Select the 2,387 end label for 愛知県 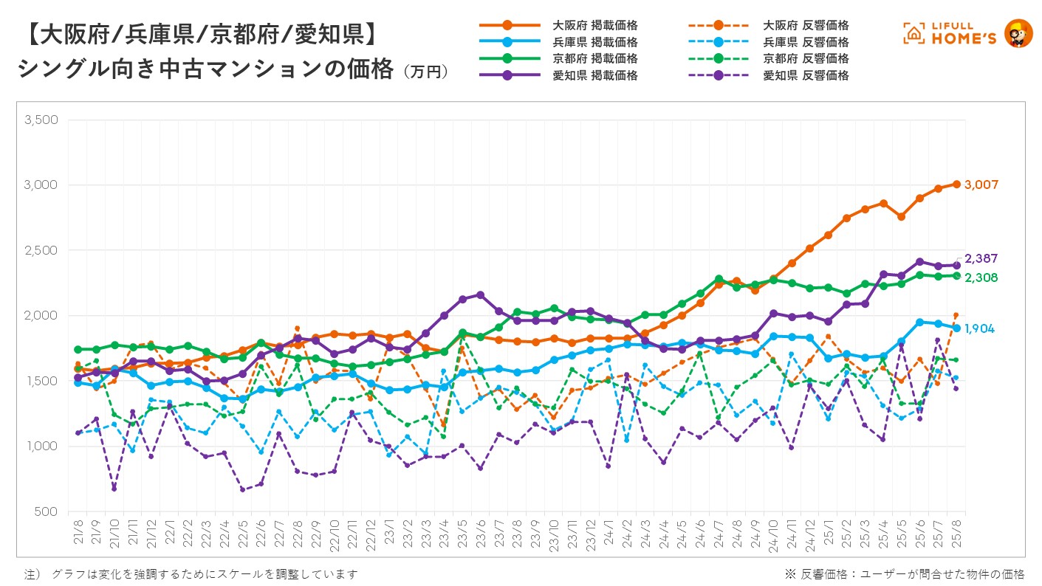pos(981,259)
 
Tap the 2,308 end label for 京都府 pos(981,278)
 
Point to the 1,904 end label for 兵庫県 pos(980,328)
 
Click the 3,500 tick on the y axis pos(41,120)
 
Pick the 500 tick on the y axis pos(47,511)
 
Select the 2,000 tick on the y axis pos(41,316)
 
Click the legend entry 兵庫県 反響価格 pos(806,43)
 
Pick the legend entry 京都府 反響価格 pos(806,59)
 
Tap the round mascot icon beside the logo pos(1019,33)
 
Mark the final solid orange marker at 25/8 pos(956,185)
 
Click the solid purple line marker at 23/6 pos(481,295)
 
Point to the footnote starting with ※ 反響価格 pos(905,573)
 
